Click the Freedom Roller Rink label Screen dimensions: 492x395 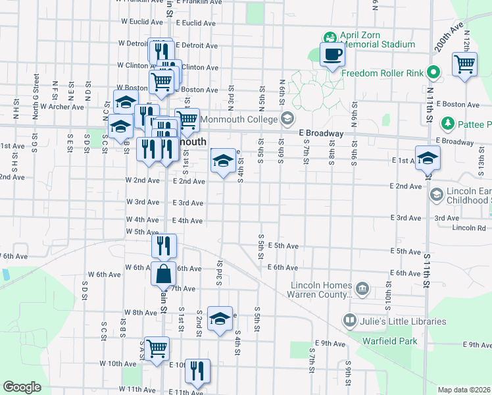(x=383, y=72)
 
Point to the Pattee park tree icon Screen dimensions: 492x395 (x=448, y=124)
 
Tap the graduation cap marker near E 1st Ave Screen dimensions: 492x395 (x=428, y=159)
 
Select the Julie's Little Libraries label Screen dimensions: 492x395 (x=403, y=322)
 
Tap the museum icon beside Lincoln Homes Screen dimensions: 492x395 (x=362, y=288)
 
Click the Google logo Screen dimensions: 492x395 (x=22, y=387)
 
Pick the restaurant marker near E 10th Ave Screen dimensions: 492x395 (x=197, y=373)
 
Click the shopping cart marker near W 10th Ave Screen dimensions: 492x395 (x=157, y=350)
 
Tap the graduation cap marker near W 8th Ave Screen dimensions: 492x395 (x=220, y=320)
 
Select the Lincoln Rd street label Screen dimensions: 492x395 (x=468, y=228)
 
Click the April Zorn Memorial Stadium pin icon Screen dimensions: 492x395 (x=330, y=36)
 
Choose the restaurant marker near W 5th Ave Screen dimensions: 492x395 (x=163, y=246)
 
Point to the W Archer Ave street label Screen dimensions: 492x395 (x=62, y=106)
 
